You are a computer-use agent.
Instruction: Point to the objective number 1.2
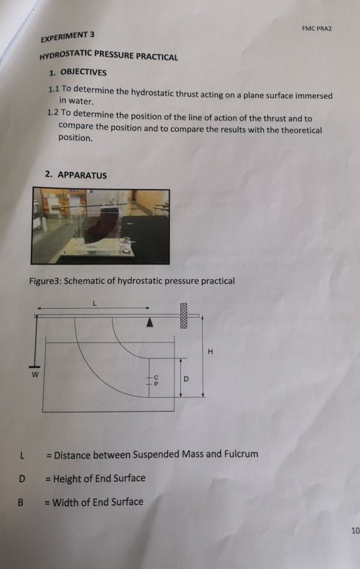57,114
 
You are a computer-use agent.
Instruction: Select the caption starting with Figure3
132,281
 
